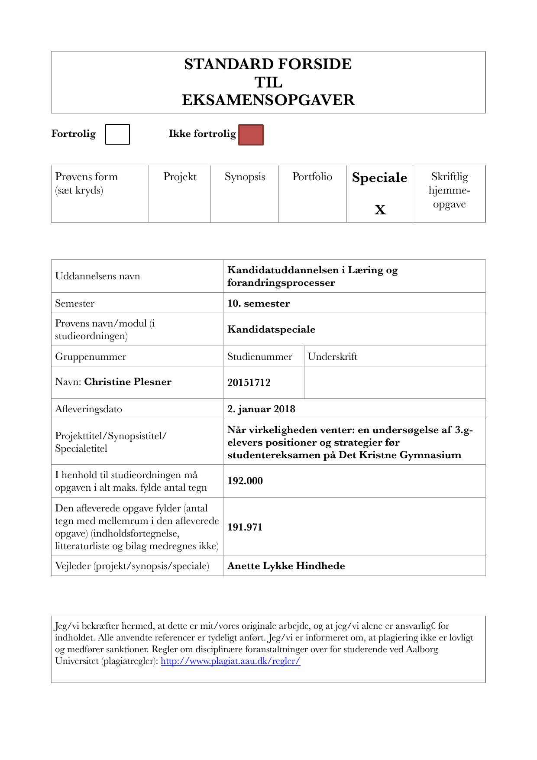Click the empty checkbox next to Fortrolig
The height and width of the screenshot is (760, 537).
117,134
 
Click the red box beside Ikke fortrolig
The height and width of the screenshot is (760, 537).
251,135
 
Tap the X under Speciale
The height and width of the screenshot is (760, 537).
380,210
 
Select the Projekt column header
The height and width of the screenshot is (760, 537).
180,177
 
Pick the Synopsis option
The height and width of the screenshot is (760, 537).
245,177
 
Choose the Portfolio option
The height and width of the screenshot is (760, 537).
312,177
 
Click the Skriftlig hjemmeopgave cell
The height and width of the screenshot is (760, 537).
449,191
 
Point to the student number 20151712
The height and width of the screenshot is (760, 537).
249,382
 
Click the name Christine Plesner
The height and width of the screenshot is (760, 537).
128,382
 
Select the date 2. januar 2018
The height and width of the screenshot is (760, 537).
261,409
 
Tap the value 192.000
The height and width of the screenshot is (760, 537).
245,481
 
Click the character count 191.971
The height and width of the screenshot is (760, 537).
245,527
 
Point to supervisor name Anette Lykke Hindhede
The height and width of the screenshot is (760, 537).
286,566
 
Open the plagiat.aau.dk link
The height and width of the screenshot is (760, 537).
230,661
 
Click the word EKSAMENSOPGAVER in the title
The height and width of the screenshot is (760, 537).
268,100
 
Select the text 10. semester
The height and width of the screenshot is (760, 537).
259,303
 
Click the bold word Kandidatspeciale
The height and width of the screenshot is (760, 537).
271,329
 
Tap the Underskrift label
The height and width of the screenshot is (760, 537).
333,356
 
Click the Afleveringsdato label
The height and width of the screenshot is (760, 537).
89,409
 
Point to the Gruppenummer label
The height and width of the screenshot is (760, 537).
91,356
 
